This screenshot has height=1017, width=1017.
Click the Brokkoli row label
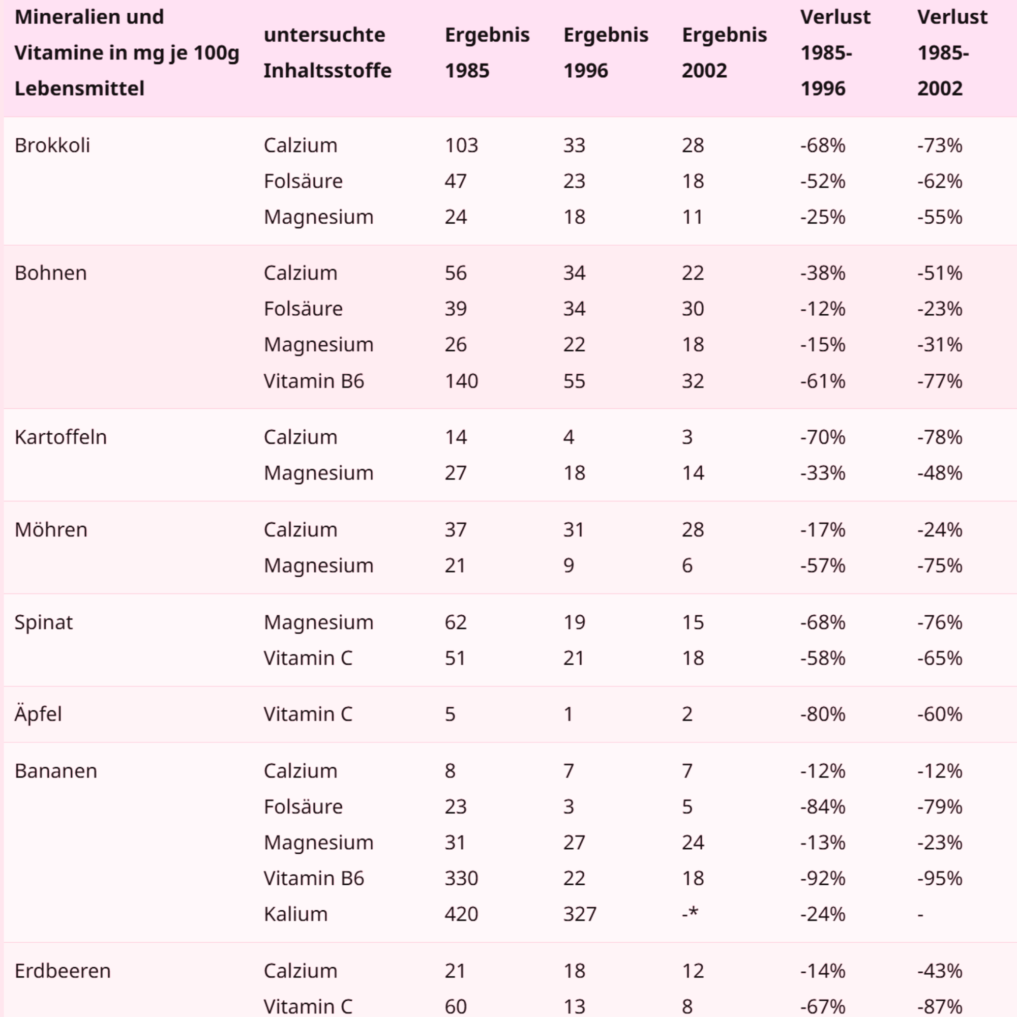pos(52,145)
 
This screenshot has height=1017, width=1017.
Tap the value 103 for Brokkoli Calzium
pos(461,145)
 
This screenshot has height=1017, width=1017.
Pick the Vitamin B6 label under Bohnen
pos(314,380)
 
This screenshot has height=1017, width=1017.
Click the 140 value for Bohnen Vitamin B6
pos(461,380)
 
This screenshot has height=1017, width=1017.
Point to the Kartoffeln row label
pos(61,437)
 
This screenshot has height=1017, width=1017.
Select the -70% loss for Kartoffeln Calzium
pos(822,437)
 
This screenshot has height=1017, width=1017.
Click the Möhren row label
pos(50,529)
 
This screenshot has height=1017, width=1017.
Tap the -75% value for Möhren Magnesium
pos(940,565)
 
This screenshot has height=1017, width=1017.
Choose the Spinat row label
pos(43,622)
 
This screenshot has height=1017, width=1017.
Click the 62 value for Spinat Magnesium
pos(455,622)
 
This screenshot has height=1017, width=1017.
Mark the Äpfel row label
pos(38,714)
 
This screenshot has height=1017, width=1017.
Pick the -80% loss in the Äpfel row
pos(822,714)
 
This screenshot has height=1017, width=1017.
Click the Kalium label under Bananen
pos(295,914)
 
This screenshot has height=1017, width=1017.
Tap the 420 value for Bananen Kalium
pos(461,914)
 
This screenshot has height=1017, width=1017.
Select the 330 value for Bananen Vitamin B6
pos(461,878)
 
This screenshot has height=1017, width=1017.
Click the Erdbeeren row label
pos(63,971)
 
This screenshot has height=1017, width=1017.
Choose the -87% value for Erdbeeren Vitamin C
pos(940,1006)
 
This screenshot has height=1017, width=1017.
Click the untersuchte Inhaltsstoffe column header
pos(327,53)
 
